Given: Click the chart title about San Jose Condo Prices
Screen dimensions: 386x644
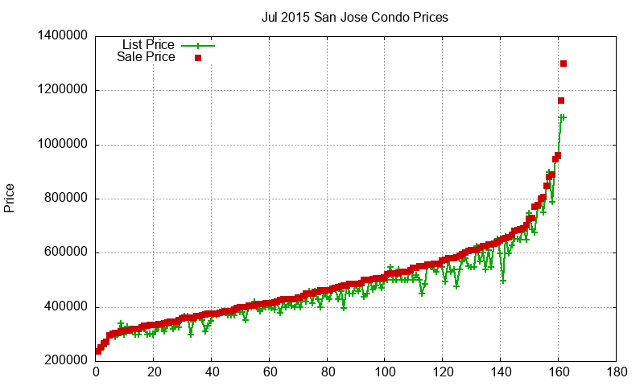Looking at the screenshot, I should (x=355, y=17).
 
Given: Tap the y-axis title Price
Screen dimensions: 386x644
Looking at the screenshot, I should (x=10, y=198).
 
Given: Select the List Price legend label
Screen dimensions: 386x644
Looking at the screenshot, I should (x=148, y=44).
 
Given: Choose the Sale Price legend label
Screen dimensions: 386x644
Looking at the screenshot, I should (x=146, y=57).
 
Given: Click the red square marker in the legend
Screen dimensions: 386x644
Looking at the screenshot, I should (x=197, y=58).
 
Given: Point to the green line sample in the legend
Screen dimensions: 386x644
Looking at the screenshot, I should (x=197, y=45).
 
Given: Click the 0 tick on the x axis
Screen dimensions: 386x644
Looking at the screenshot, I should (x=97, y=372).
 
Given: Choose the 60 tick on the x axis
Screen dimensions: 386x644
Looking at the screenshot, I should (x=270, y=372).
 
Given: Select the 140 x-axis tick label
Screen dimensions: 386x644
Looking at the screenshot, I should (x=501, y=372).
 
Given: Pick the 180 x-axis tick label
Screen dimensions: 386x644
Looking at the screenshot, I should (x=616, y=372).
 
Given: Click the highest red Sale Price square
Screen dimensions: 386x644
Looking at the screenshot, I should (x=563, y=64).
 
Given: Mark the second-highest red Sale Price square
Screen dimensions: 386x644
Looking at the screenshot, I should (x=561, y=101).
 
